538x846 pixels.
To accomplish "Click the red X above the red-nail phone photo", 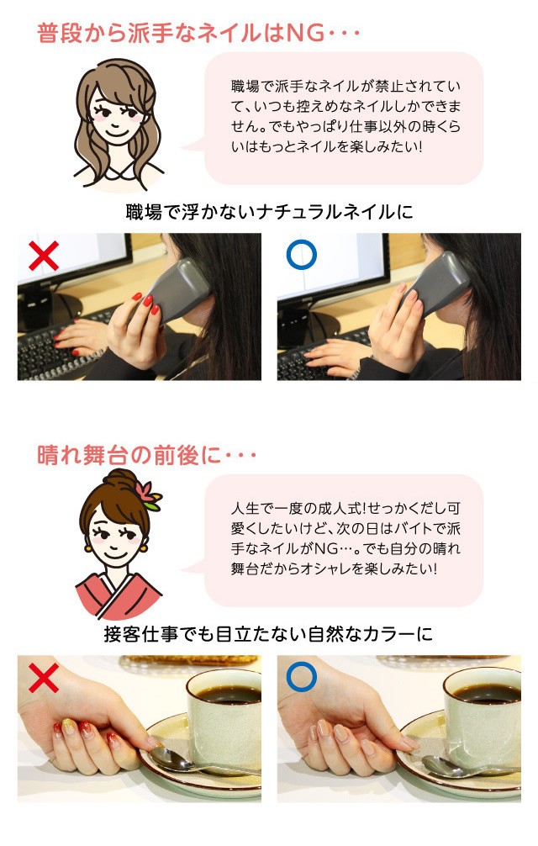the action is click(44, 255).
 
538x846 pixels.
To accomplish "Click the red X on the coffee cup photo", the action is click(44, 678).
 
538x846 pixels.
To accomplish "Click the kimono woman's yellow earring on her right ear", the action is click(144, 547).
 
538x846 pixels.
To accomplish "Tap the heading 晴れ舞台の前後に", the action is click(129, 456).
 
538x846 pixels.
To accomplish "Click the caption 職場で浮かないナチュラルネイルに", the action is click(269, 212).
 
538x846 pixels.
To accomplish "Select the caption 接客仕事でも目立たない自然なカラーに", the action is click(268, 634).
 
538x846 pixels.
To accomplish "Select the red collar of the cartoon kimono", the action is click(119, 596).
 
